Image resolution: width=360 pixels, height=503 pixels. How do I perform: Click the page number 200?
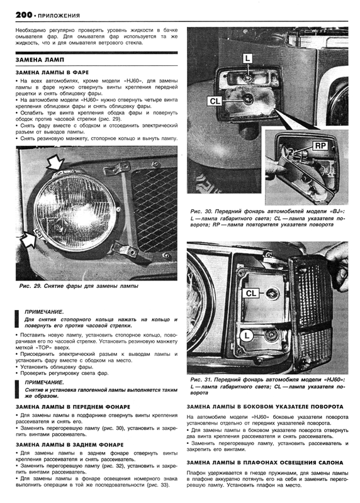pos(24,14)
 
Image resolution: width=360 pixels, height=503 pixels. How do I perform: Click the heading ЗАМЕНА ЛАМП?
pos(40,60)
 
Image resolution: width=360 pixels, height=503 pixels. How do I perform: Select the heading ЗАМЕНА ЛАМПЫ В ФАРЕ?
pos(52,72)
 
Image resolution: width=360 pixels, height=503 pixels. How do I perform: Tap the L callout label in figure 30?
pos(247,58)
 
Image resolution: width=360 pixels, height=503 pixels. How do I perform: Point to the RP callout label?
pos(320,146)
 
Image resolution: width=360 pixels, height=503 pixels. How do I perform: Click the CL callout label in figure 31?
pos(251,293)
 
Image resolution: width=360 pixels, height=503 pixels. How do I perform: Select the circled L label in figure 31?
pos(246,336)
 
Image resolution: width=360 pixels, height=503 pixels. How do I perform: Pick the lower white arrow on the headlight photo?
pos(29,239)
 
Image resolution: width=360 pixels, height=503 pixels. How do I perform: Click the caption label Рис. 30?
pos(201,212)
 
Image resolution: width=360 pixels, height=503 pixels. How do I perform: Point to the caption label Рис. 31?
pos(201,380)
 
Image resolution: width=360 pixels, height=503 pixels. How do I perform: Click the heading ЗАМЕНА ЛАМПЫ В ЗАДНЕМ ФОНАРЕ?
pos(70,445)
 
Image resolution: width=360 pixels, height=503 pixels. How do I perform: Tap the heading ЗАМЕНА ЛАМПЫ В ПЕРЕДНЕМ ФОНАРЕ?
pos(73,407)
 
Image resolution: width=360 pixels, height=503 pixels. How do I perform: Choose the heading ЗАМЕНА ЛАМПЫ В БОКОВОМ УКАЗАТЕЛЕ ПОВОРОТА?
pos(265,406)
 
